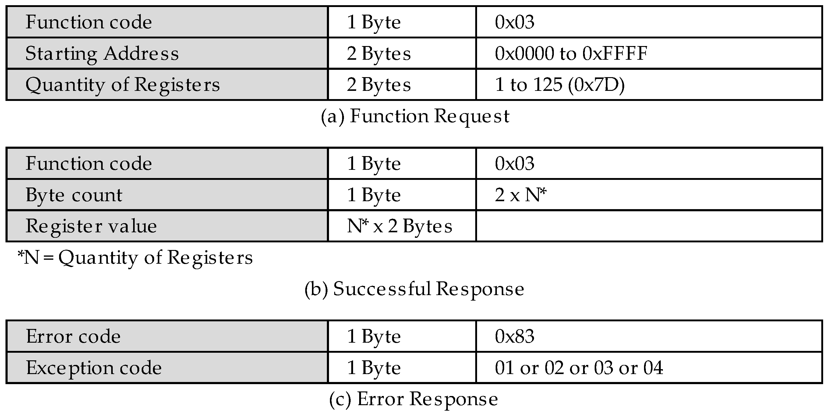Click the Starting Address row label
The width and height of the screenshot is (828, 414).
tap(102, 53)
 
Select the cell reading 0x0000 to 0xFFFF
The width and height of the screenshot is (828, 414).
tap(571, 53)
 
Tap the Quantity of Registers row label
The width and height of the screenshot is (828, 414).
tap(122, 85)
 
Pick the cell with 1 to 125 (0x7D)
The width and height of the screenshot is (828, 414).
tap(560, 85)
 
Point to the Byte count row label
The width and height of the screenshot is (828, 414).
tap(74, 195)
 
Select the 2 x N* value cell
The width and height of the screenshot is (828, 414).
tap(521, 195)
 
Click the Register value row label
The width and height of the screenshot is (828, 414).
tap(91, 226)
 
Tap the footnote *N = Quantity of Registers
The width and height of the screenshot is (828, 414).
tap(135, 258)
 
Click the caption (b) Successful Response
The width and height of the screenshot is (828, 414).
tap(414, 288)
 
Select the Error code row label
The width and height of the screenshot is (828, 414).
tap(73, 337)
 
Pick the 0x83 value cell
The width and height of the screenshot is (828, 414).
tap(515, 337)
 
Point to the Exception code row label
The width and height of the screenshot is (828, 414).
tap(94, 368)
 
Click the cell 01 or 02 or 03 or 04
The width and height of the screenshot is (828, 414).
tap(579, 368)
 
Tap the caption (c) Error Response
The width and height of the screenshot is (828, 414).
tap(413, 399)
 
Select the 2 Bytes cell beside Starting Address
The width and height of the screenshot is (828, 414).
tap(379, 53)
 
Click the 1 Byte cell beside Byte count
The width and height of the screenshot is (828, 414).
tap(374, 195)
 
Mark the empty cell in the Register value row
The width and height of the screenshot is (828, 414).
tap(649, 226)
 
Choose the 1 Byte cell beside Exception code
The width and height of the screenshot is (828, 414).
tap(374, 368)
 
